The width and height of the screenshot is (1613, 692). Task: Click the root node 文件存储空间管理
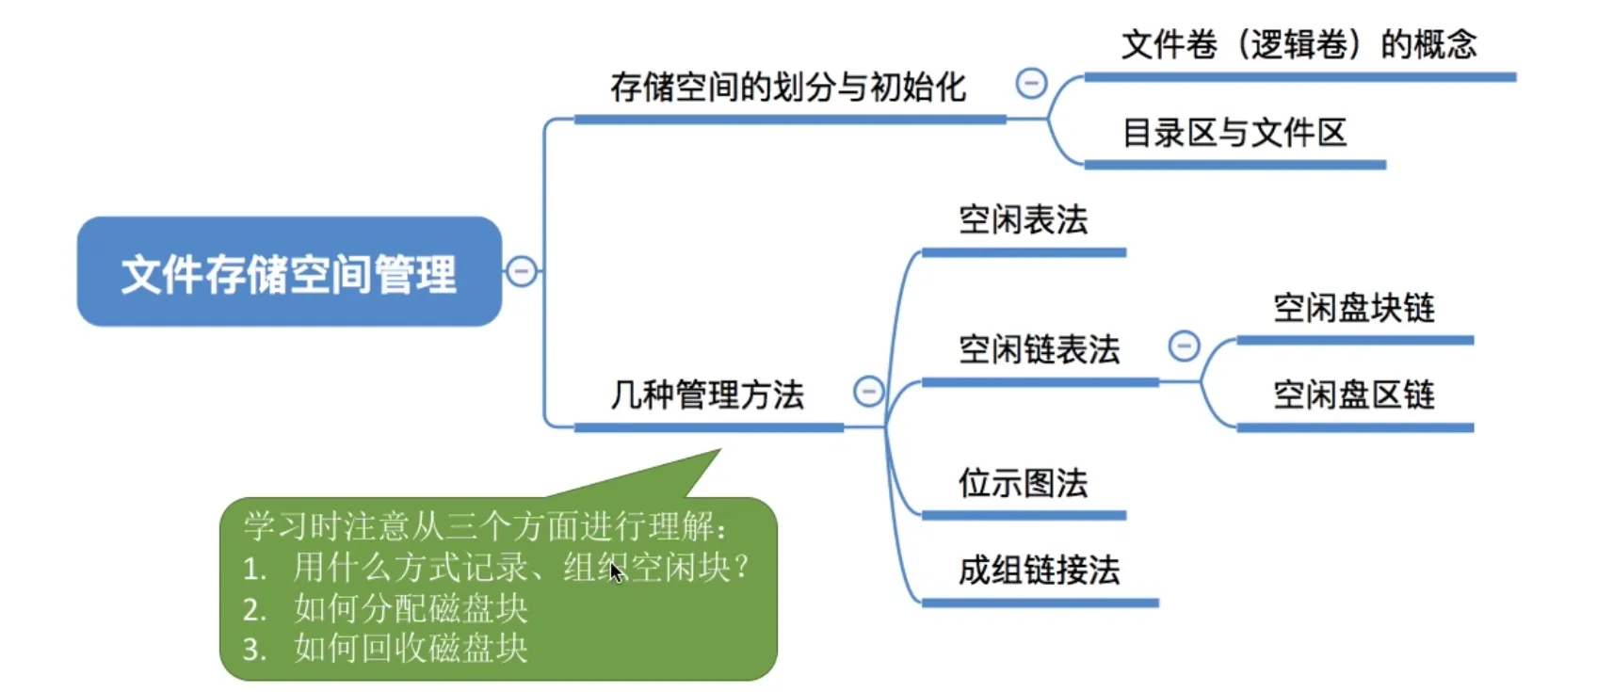(x=289, y=273)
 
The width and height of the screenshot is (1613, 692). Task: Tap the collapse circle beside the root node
(x=521, y=271)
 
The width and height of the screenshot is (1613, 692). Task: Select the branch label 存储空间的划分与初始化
(x=787, y=88)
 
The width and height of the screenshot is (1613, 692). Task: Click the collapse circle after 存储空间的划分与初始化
(x=1031, y=83)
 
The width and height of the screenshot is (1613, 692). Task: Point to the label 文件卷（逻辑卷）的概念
(x=1298, y=44)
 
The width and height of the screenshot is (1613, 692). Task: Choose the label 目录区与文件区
(x=1234, y=133)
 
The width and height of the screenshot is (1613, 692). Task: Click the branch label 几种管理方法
(x=707, y=394)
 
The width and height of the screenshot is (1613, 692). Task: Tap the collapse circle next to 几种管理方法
(x=868, y=391)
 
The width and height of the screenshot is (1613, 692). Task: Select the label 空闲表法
(x=1023, y=220)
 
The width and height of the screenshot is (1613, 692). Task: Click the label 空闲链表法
(x=1039, y=349)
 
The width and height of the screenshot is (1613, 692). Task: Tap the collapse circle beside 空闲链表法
(x=1184, y=346)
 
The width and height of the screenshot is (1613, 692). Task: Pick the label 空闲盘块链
(x=1353, y=308)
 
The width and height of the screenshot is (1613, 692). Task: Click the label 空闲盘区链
(x=1353, y=394)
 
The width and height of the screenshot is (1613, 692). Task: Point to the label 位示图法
(x=1023, y=483)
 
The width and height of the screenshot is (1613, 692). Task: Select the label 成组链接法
(x=1039, y=570)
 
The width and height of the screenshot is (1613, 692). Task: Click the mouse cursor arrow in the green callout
(x=615, y=571)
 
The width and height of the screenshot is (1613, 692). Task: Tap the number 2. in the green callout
(x=253, y=609)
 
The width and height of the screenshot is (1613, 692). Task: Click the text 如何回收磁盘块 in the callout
(x=411, y=649)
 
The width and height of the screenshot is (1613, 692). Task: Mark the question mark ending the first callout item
(x=742, y=567)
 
